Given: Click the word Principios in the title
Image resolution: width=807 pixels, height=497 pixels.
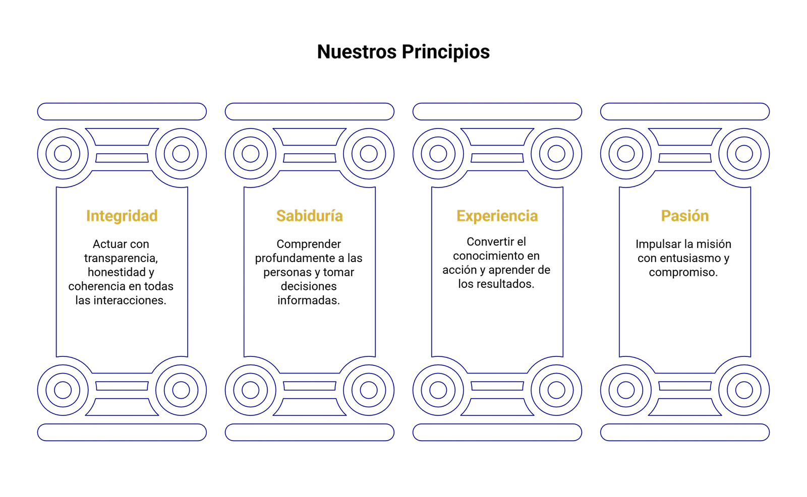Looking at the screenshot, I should point(446,52).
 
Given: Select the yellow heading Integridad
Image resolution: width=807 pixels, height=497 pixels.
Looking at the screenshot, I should point(122,216).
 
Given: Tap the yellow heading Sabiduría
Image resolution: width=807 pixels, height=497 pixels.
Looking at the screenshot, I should point(309,216).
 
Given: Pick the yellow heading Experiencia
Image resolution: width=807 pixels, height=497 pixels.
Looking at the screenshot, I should point(497,216).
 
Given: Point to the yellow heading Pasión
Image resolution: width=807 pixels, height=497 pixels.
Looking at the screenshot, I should point(684,216).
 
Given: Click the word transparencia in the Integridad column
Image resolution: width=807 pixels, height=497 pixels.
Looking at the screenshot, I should point(121,258).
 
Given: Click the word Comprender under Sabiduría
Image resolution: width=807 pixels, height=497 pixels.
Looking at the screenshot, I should point(309,244).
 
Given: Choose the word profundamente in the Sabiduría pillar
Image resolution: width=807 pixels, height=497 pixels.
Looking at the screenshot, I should point(291,258).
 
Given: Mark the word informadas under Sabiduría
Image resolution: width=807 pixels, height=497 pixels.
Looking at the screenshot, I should point(309,300).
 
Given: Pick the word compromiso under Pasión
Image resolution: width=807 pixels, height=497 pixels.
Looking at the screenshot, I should point(683,272).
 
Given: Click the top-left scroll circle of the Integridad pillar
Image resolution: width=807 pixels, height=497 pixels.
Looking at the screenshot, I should point(63,153).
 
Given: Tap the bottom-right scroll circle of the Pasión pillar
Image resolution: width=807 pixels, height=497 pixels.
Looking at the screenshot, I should point(743,389).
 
